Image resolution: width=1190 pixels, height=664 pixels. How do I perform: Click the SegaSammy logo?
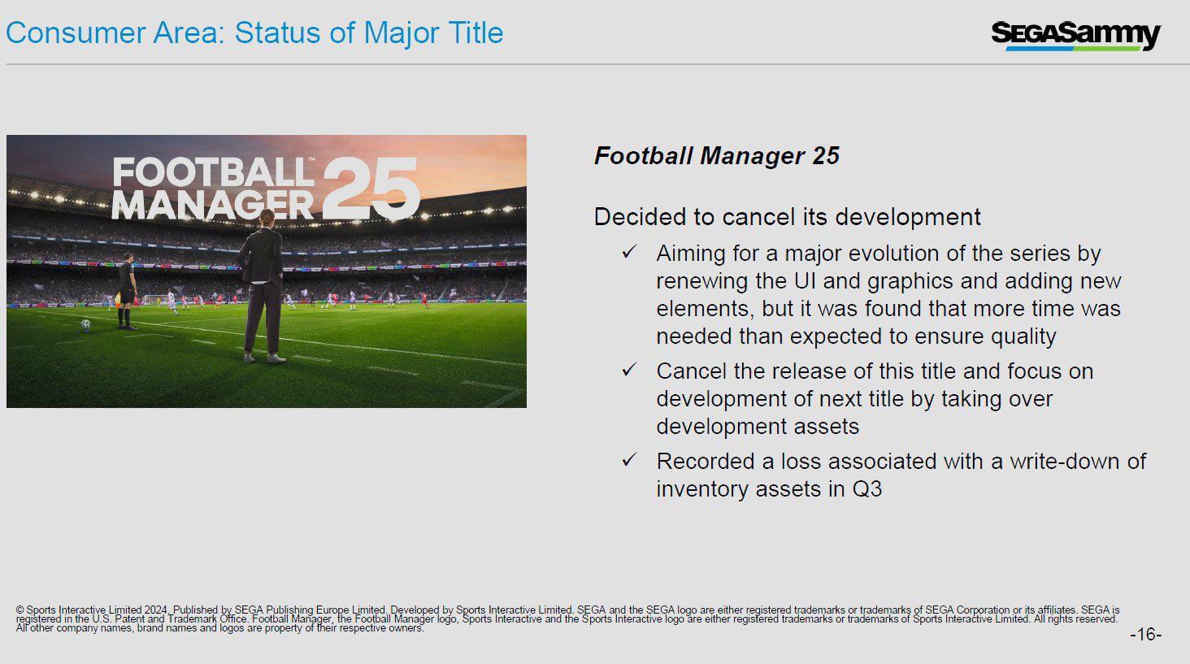coord(1075,35)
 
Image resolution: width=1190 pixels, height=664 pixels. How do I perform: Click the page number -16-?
coord(1146,634)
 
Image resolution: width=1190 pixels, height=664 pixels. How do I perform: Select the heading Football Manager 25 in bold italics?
coord(717,156)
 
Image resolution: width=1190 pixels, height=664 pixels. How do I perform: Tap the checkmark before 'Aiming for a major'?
coord(629,252)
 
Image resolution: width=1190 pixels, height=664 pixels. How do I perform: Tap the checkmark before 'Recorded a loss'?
coord(629,459)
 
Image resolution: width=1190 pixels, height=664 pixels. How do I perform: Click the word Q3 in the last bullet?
coord(867,489)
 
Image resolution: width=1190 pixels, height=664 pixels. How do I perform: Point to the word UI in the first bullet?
coord(805,281)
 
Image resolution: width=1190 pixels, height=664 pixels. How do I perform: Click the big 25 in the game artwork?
coord(371,189)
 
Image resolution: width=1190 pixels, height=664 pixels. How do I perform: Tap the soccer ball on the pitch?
coord(86,324)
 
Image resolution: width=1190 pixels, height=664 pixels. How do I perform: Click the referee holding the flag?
coord(127,291)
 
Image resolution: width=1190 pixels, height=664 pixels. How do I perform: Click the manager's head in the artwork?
coord(267,218)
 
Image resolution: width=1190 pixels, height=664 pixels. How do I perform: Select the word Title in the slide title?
coord(476,33)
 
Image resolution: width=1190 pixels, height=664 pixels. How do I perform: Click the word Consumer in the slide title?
coord(76,33)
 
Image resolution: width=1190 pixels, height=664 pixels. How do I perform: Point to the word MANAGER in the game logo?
coord(212,205)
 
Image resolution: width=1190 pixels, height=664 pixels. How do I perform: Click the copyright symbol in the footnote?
coord(20,610)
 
